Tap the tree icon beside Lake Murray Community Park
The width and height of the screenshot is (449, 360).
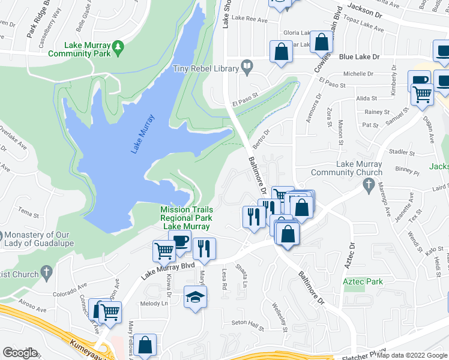click(x=119, y=46)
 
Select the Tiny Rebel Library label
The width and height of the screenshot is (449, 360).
click(x=205, y=68)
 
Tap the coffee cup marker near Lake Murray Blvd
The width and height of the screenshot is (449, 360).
click(x=179, y=242)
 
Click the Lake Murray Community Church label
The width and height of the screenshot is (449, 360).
click(x=359, y=168)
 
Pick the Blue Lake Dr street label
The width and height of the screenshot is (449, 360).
click(x=360, y=56)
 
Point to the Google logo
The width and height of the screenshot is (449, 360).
click(x=20, y=352)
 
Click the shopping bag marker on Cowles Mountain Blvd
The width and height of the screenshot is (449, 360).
click(x=322, y=43)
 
